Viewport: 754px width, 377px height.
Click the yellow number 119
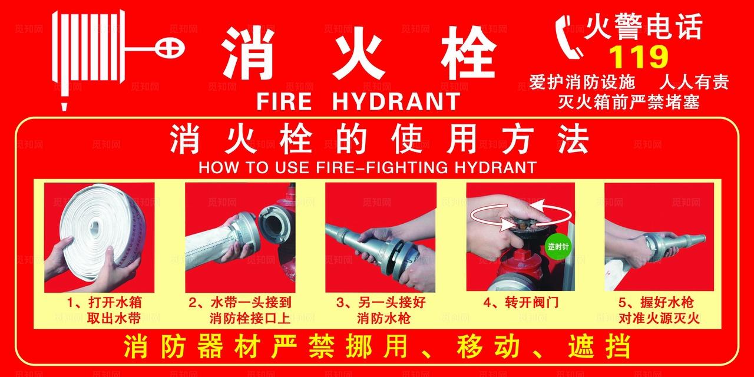(639, 57)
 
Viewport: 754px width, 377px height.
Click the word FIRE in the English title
(283, 101)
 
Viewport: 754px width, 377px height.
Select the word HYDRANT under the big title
(395, 101)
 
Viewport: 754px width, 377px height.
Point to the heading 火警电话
(643, 27)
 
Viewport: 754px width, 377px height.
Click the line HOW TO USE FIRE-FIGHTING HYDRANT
(367, 167)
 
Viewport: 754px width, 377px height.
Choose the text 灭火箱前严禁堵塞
(629, 102)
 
